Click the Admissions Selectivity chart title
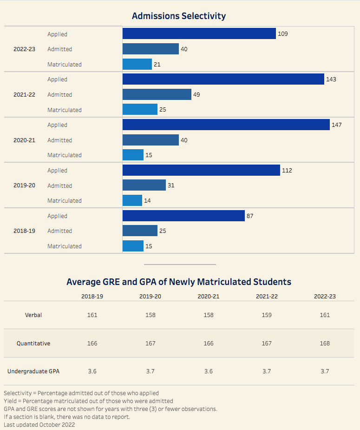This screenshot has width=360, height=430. (x=179, y=16)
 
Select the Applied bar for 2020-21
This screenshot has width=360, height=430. (x=226, y=125)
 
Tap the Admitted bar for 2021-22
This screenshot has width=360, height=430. (x=157, y=94)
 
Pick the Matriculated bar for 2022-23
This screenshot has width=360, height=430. (x=137, y=64)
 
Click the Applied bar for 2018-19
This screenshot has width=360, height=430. (x=183, y=216)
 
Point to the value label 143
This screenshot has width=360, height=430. (x=331, y=79)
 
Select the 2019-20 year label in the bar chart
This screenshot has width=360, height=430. (x=24, y=185)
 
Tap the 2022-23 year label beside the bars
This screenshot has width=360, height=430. (x=24, y=49)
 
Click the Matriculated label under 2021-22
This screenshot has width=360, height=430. (x=64, y=110)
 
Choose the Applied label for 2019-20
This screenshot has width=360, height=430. (x=57, y=171)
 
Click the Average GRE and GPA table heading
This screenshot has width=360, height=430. (x=179, y=282)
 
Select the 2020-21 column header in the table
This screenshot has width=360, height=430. (x=209, y=296)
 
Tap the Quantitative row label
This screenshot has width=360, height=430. (x=33, y=343)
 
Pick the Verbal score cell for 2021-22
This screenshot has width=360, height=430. (x=267, y=315)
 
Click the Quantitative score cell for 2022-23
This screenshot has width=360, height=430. (x=325, y=343)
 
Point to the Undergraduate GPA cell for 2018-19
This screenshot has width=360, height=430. (x=92, y=371)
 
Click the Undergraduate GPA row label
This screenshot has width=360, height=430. (x=33, y=371)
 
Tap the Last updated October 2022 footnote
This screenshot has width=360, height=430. (x=39, y=424)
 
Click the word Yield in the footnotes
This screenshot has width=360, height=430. (x=10, y=401)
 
